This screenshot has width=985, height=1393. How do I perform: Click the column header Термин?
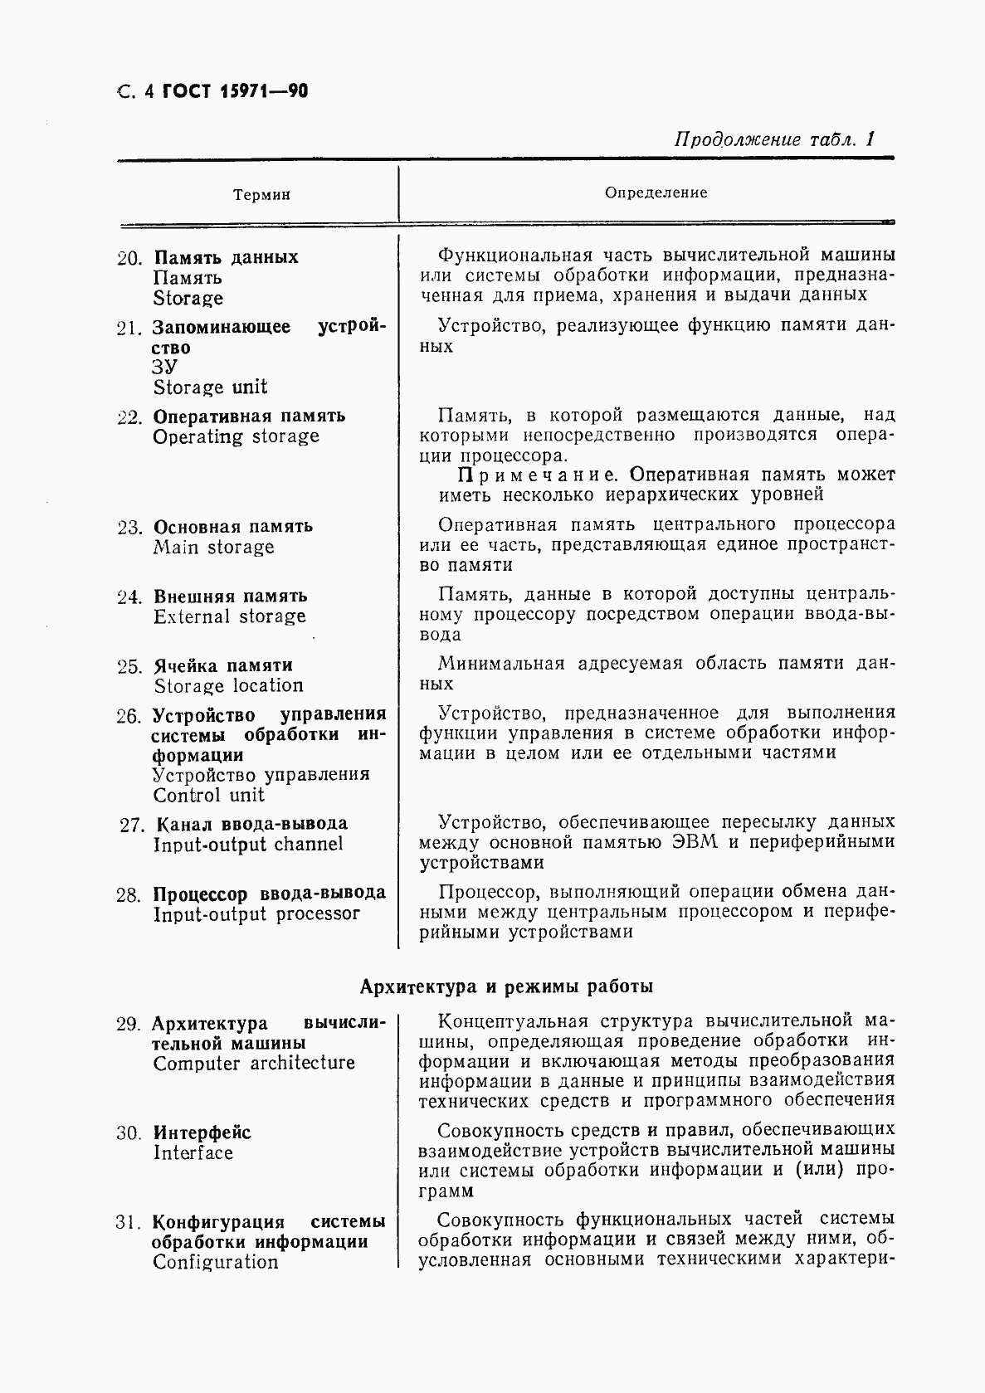point(261,195)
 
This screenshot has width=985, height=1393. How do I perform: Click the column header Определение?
point(656,192)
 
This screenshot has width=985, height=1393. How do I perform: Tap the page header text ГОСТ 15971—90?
point(236,91)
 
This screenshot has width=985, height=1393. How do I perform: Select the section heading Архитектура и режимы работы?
point(506,986)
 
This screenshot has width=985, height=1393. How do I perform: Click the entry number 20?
point(131,258)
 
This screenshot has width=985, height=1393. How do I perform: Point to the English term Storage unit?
point(210,387)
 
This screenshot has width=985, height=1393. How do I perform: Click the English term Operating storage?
point(236,436)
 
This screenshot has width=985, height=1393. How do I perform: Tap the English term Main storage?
point(213,547)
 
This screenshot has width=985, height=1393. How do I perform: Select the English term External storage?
point(229,616)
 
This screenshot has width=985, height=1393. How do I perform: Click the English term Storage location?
point(228,686)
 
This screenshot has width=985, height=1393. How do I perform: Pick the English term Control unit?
point(208,795)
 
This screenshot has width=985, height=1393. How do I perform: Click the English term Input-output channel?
point(247,845)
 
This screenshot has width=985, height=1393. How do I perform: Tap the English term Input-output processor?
point(256,914)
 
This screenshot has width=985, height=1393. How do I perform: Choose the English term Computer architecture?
point(253,1064)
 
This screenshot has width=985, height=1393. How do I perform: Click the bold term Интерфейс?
point(202,1132)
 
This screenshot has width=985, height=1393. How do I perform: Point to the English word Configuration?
point(215,1262)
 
